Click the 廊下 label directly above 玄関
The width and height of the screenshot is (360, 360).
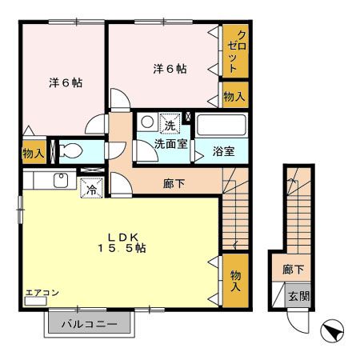coord(293,270)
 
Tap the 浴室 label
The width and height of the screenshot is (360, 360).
coord(223,151)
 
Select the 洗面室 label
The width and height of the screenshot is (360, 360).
coord(170,145)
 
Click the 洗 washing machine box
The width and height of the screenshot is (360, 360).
coord(170,124)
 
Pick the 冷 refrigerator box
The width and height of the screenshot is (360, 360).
coord(91,190)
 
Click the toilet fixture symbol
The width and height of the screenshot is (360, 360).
coord(70,150)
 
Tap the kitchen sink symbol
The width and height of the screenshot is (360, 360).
coord(60,180)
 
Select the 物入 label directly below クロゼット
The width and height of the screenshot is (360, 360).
coord(234,97)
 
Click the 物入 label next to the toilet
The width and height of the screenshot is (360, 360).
coord(32,153)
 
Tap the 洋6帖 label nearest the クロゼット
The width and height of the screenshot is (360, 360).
coord(170,69)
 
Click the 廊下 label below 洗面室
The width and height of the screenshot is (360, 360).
coord(174,183)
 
